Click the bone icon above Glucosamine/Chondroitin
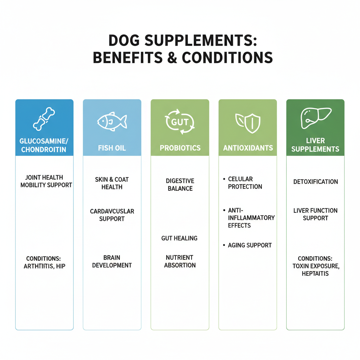[44, 119]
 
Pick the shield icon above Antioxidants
[247, 122]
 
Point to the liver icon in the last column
[315, 118]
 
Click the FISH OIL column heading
[112, 148]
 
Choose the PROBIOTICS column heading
[180, 148]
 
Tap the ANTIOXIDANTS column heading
[247, 148]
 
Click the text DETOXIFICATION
[315, 182]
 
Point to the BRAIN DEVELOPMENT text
[112, 261]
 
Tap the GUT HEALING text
[179, 238]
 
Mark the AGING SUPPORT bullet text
[250, 245]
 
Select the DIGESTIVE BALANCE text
[180, 185]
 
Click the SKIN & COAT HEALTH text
[112, 183]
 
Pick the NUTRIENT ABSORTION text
[180, 261]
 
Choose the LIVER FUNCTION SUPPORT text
[315, 214]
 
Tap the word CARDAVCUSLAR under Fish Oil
[112, 211]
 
